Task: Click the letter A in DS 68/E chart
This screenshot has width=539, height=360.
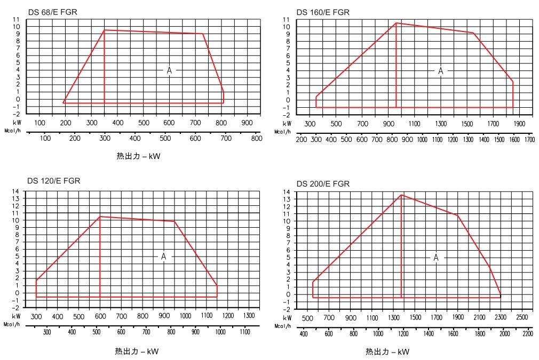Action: (x=170, y=70)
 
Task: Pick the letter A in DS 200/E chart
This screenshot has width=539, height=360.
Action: (x=436, y=258)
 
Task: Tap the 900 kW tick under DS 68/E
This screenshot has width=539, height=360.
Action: (x=247, y=123)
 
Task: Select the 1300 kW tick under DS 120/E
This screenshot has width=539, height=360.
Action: (x=249, y=316)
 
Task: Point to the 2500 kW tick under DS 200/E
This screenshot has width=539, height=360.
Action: (x=522, y=317)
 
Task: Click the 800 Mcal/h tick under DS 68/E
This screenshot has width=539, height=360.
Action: (x=257, y=139)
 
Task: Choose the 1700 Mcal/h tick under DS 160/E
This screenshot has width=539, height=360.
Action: (x=529, y=140)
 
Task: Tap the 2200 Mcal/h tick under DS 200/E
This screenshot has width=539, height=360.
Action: (x=527, y=334)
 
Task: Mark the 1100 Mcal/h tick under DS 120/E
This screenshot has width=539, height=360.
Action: (x=244, y=332)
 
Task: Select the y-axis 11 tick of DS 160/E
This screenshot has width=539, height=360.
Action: (x=287, y=20)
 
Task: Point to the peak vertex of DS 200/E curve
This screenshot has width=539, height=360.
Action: (x=401, y=195)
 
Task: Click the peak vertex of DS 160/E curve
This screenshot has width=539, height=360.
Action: (x=396, y=23)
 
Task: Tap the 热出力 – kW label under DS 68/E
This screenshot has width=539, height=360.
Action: (x=138, y=157)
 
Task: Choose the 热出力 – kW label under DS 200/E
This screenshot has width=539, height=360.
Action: (x=387, y=352)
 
